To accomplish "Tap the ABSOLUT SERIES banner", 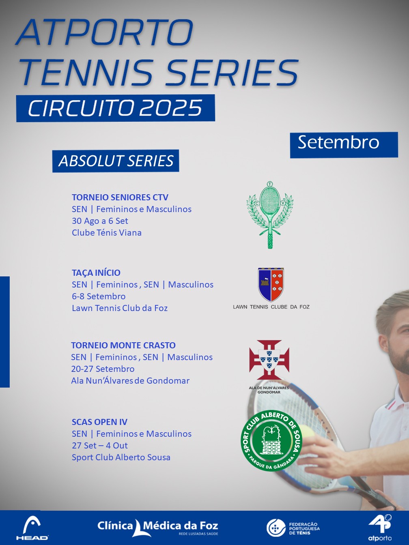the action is [x=116, y=161].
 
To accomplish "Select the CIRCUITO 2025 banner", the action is [x=116, y=108].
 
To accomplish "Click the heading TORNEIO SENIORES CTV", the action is [x=120, y=197].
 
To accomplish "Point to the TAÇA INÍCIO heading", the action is [x=96, y=272].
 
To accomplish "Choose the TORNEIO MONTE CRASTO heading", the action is [x=123, y=345].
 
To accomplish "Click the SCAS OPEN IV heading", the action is [x=99, y=422].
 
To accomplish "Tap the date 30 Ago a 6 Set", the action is [x=100, y=221].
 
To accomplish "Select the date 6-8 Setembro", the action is [x=99, y=296].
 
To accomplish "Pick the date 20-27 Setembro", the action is [x=103, y=369].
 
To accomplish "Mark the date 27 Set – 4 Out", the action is [x=99, y=445].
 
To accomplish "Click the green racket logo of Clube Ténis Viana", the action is [x=270, y=215].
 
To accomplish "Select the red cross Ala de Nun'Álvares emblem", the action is [x=269, y=360].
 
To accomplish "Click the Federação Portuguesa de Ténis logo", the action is [x=293, y=527].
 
